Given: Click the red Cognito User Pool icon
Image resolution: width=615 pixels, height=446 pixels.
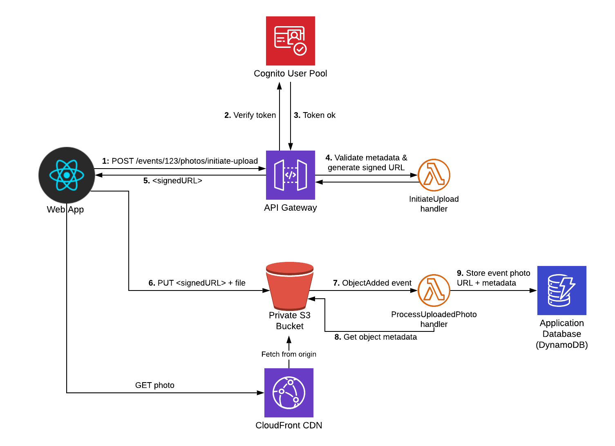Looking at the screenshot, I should point(290,41).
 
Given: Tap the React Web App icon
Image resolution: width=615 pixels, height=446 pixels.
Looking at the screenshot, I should point(67,175).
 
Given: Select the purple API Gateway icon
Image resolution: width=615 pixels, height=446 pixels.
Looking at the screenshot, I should point(290,175).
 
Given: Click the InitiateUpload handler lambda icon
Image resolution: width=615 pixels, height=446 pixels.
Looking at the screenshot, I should point(434,175).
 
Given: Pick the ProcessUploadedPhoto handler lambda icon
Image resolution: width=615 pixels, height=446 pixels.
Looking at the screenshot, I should point(434,291).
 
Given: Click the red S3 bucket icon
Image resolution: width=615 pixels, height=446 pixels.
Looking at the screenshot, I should point(290,286).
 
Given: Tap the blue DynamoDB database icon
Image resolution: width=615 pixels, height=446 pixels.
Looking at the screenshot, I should point(561,291).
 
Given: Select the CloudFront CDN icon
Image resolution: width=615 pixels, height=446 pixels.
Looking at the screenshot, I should point(289,393).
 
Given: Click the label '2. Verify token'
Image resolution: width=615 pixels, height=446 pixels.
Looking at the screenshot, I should point(250,115).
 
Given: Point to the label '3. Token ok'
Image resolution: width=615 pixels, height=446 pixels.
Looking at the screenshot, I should point(315,115).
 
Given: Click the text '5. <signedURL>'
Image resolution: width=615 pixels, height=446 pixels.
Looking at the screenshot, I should point(173,181).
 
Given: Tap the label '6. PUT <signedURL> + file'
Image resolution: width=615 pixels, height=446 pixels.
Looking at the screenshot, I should point(197,283).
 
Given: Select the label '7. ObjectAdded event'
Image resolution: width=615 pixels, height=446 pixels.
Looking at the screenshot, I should point(372,283).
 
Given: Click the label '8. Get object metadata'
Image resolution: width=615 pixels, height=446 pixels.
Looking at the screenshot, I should point(376,337).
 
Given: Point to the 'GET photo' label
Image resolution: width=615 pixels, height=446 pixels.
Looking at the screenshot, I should point(154,385).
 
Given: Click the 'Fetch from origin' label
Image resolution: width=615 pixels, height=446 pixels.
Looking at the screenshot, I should point(288,354).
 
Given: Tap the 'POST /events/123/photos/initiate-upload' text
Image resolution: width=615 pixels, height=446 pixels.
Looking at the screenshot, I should point(184,161).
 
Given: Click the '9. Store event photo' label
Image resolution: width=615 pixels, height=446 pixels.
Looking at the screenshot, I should point(493,273).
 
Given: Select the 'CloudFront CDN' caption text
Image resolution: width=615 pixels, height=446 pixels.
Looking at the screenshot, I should point(288,426).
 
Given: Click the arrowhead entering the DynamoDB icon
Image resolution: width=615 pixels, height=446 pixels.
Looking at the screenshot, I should point(533,291).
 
